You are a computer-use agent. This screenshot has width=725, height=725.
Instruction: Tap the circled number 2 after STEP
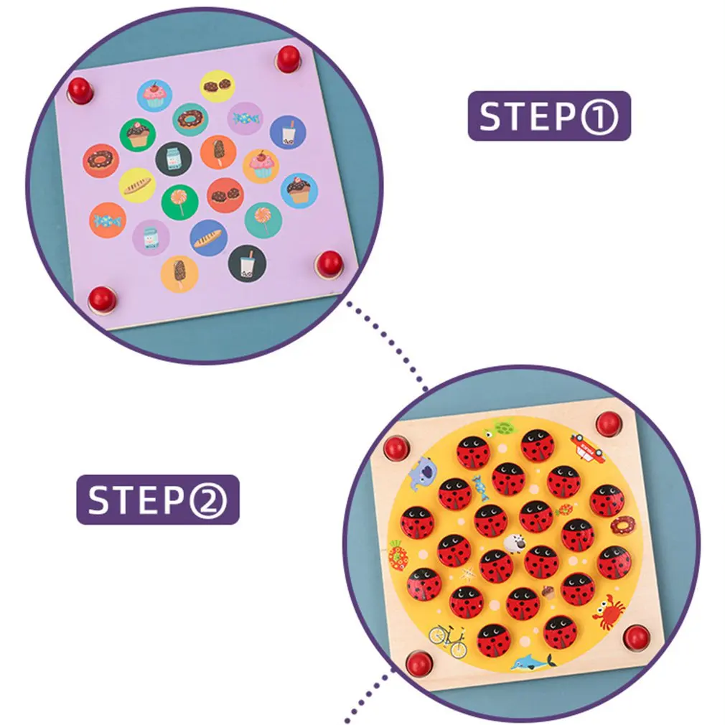[208, 500]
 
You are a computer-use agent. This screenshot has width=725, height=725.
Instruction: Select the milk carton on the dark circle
[174, 159]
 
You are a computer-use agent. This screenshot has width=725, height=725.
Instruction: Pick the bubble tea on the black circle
[248, 264]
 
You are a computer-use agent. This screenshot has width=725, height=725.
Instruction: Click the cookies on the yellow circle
[217, 85]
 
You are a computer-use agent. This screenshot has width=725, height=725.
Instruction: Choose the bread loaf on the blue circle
[209, 238]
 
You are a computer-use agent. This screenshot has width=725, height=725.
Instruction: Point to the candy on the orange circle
[107, 220]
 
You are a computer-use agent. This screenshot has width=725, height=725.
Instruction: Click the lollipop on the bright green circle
[179, 200]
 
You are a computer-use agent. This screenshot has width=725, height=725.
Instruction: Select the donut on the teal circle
[190, 119]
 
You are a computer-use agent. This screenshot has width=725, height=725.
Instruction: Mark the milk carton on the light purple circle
[151, 238]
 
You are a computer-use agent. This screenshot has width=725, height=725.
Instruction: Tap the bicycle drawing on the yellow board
[448, 640]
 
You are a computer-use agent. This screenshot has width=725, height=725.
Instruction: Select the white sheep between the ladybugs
[515, 544]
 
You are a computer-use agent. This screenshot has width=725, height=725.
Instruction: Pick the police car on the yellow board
[587, 446]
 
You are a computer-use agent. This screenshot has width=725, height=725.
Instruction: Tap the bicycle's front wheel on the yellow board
[458, 647]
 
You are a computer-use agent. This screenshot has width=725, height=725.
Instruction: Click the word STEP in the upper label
[528, 116]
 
